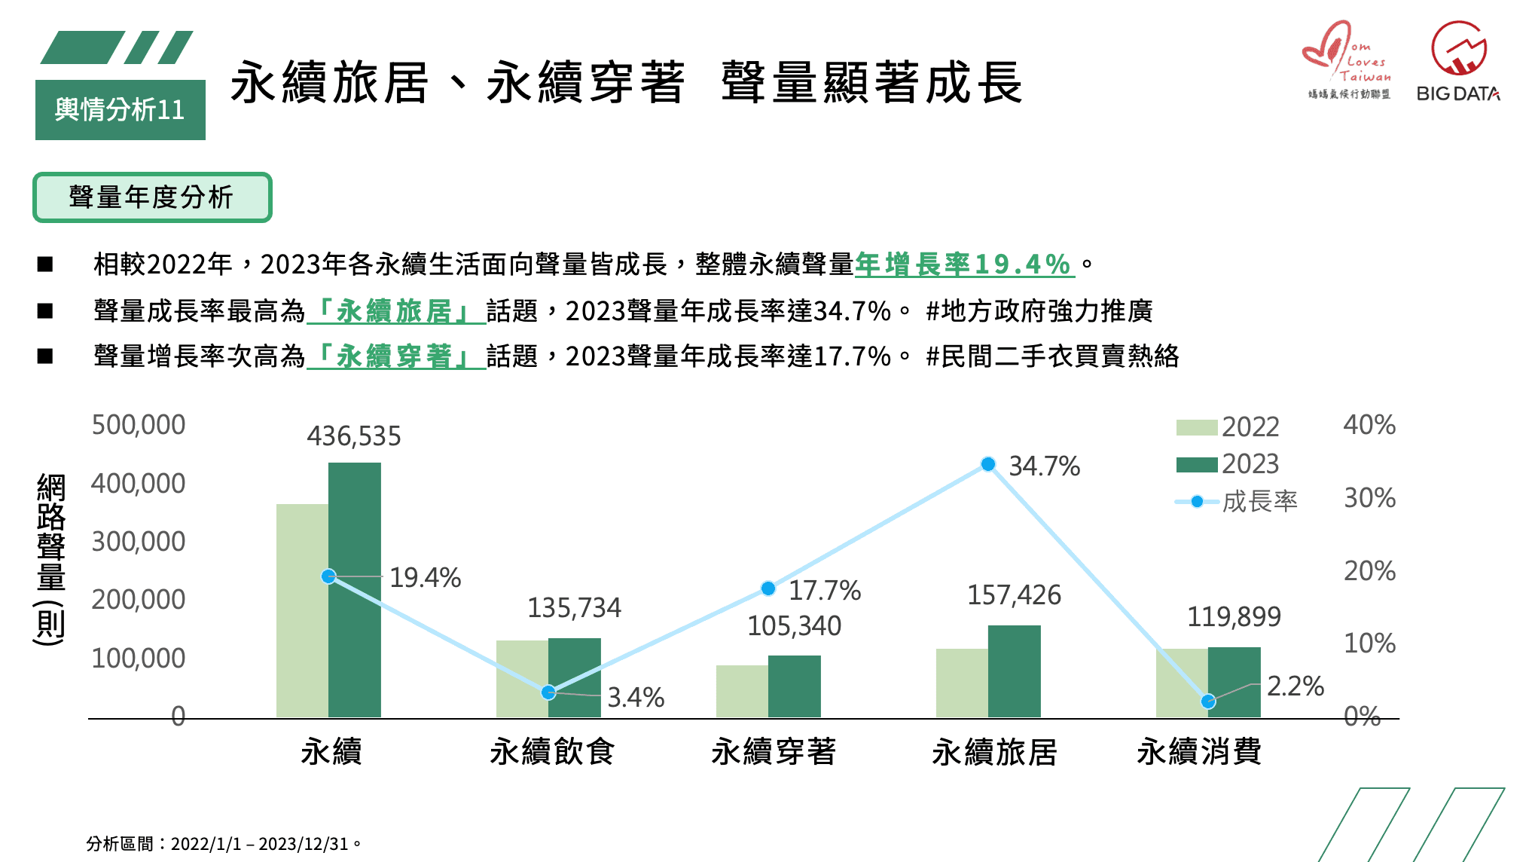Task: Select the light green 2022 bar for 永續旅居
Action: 962,683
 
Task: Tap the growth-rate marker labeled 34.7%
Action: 988,464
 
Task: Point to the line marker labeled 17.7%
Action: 768,588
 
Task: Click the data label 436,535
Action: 354,436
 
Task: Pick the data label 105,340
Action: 794,626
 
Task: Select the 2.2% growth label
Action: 1295,686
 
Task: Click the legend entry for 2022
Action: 1228,427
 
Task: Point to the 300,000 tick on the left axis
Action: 138,542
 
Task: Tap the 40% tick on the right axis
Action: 1369,425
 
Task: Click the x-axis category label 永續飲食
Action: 552,751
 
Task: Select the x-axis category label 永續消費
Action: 1199,751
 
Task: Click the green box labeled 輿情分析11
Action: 120,110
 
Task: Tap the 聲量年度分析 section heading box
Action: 152,197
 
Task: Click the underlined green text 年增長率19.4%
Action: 963,264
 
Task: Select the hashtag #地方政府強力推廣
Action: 1039,310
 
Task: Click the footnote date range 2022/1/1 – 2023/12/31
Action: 259,844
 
